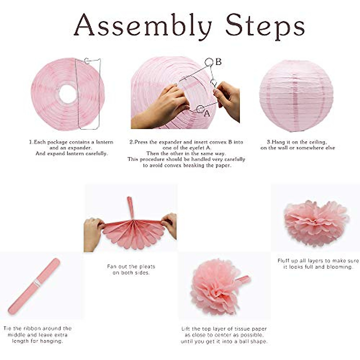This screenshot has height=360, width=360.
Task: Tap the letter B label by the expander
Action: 218,62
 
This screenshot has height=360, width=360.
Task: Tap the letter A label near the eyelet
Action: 207,114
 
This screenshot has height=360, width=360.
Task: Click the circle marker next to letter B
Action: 209,62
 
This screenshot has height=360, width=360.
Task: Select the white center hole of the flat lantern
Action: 68,94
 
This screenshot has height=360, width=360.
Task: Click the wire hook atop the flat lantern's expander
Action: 87,61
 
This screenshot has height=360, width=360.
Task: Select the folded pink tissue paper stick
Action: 34,286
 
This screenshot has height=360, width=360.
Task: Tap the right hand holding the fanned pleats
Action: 169,224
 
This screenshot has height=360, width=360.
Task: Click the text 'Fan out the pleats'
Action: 131,266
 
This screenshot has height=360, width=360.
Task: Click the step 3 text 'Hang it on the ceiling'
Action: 297,142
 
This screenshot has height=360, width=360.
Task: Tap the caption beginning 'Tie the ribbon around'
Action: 37,328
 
